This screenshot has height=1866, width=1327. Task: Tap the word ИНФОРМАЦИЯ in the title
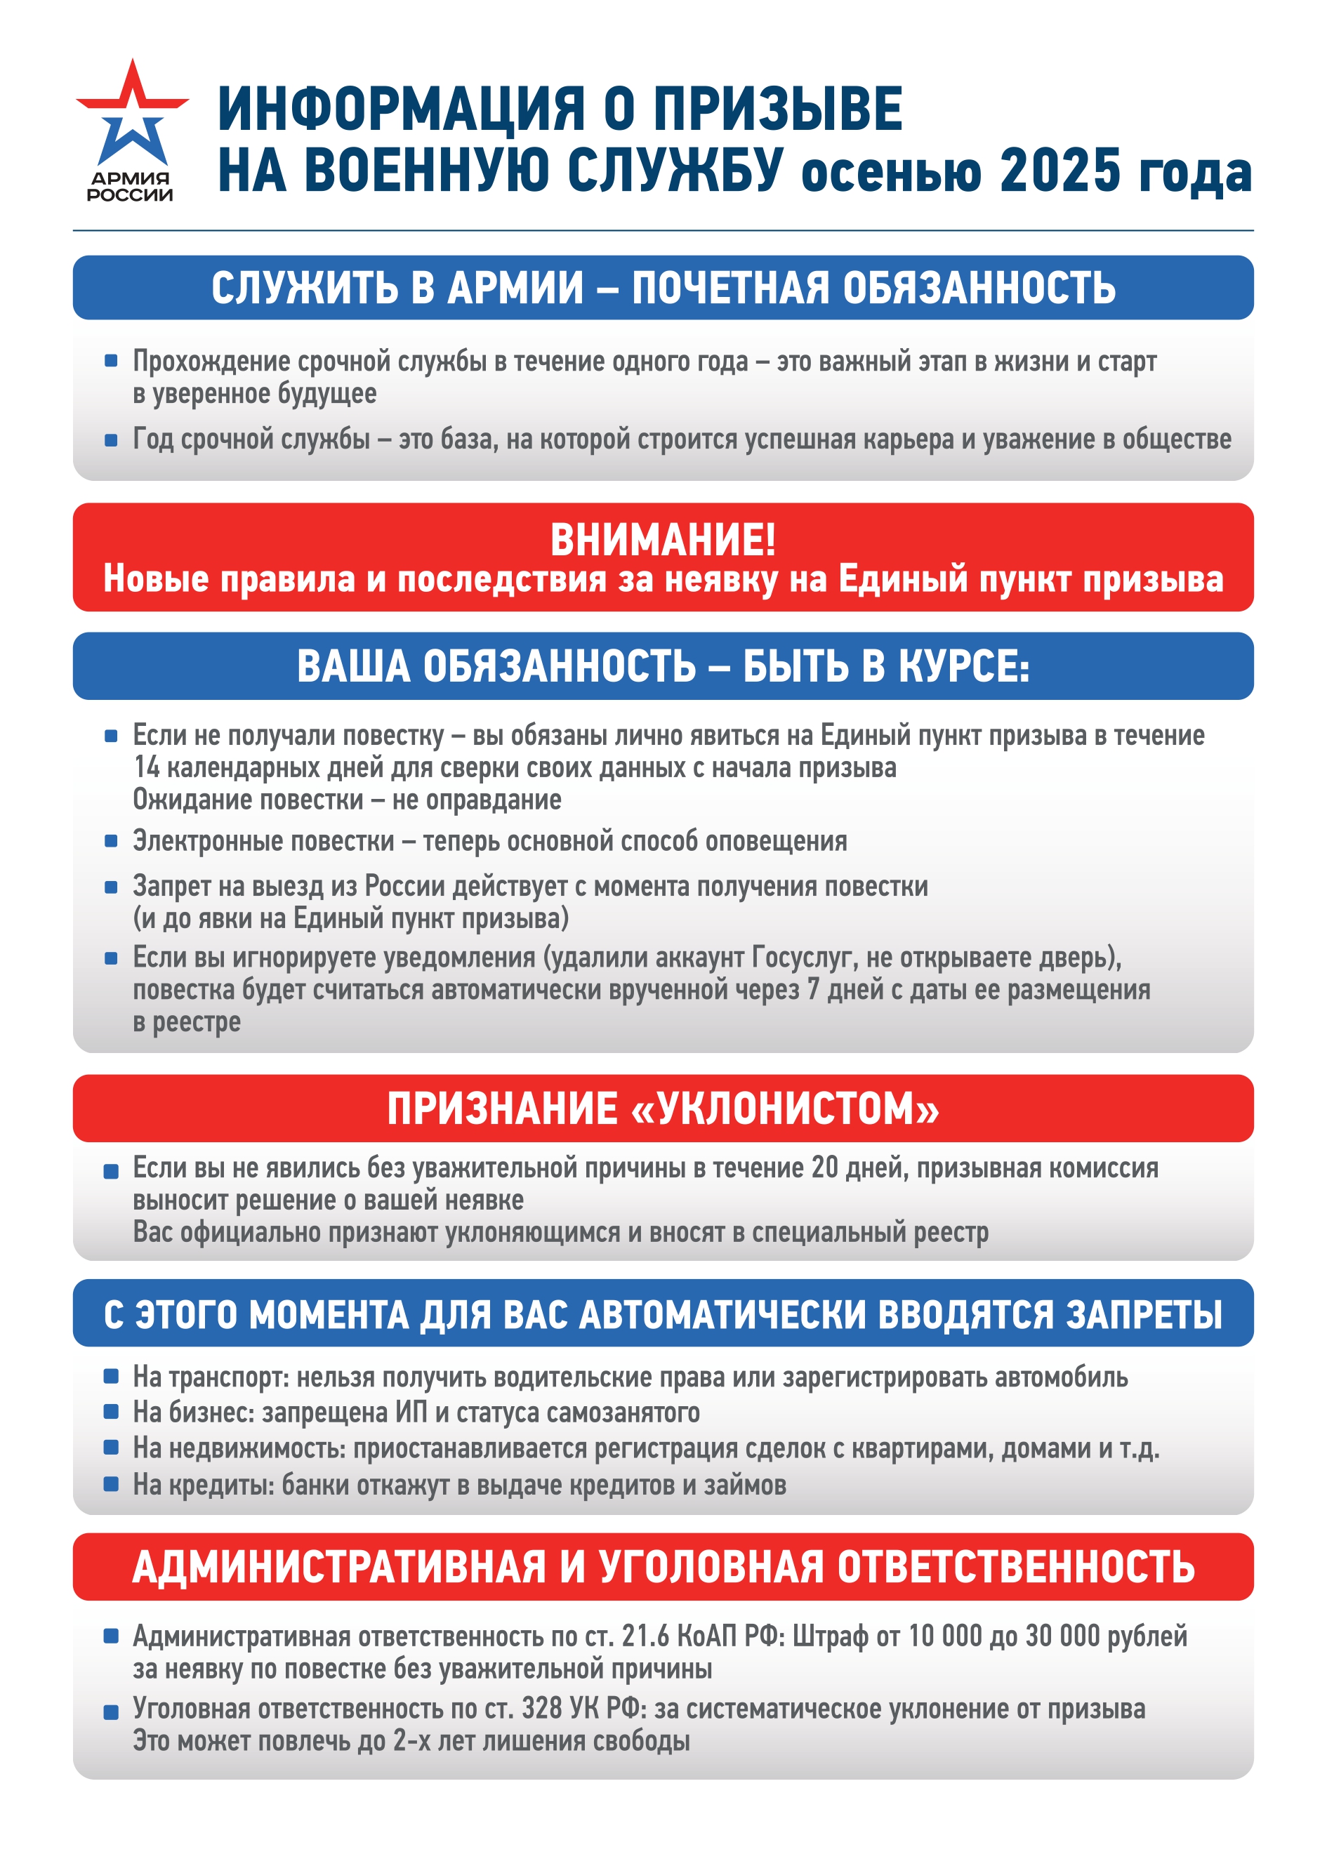(x=401, y=110)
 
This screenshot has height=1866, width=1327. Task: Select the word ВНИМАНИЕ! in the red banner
(x=663, y=540)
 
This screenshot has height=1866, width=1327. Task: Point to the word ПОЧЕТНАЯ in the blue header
(x=729, y=288)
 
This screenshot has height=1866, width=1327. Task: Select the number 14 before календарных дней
(x=146, y=768)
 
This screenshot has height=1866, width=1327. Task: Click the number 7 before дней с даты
(x=812, y=990)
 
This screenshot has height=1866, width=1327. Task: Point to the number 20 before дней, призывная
(x=824, y=1168)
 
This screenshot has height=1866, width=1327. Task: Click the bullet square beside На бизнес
(x=111, y=1412)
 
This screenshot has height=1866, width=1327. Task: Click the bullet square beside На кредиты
(x=111, y=1483)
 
